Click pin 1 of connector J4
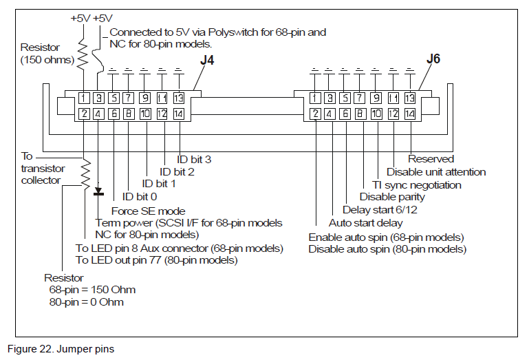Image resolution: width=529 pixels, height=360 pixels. click(x=83, y=98)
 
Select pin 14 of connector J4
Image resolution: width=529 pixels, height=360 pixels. click(x=178, y=113)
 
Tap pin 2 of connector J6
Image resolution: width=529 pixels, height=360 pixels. click(x=314, y=113)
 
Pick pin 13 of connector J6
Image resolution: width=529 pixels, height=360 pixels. click(x=409, y=98)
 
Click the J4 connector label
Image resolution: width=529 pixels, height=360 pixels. click(x=207, y=60)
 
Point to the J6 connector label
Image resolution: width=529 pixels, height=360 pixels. click(x=433, y=59)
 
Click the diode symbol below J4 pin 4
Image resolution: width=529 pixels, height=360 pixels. click(x=98, y=191)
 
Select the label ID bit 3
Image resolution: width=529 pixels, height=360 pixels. click(x=194, y=160)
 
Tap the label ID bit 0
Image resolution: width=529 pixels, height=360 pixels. click(x=140, y=196)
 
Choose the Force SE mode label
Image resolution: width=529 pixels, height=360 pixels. click(x=148, y=211)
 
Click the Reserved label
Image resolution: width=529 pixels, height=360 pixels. click(x=431, y=160)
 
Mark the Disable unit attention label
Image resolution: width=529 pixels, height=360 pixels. click(x=436, y=172)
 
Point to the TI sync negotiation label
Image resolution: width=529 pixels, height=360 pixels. click(x=417, y=184)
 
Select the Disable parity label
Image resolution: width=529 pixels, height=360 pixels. click(x=392, y=197)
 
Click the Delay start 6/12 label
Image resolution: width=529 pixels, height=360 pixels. click(x=379, y=210)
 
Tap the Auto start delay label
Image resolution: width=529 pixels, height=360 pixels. click(x=365, y=222)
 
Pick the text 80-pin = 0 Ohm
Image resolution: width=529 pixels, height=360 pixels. click(x=87, y=302)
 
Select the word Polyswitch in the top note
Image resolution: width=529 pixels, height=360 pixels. click(x=245, y=32)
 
